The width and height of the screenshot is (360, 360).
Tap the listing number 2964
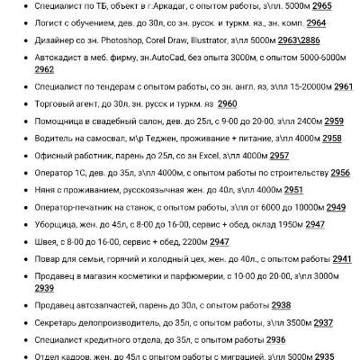pos(315,22)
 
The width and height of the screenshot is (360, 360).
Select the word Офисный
pos(53,155)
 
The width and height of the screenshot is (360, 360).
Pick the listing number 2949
pos(336,206)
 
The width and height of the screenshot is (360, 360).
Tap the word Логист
pos(49,22)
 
